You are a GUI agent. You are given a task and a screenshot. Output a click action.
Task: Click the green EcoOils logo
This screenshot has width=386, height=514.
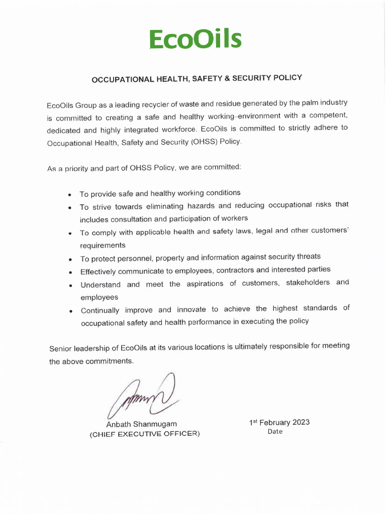[x=196, y=39]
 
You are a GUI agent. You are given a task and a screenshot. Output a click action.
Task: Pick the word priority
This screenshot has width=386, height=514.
[x=75, y=169]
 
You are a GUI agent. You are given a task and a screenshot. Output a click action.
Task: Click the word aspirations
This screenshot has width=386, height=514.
[x=204, y=284]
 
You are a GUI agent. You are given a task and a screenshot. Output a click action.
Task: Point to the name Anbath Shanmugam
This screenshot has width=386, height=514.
[x=141, y=424]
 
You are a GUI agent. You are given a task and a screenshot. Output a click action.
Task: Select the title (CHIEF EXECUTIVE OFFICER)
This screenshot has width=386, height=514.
[x=144, y=434]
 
